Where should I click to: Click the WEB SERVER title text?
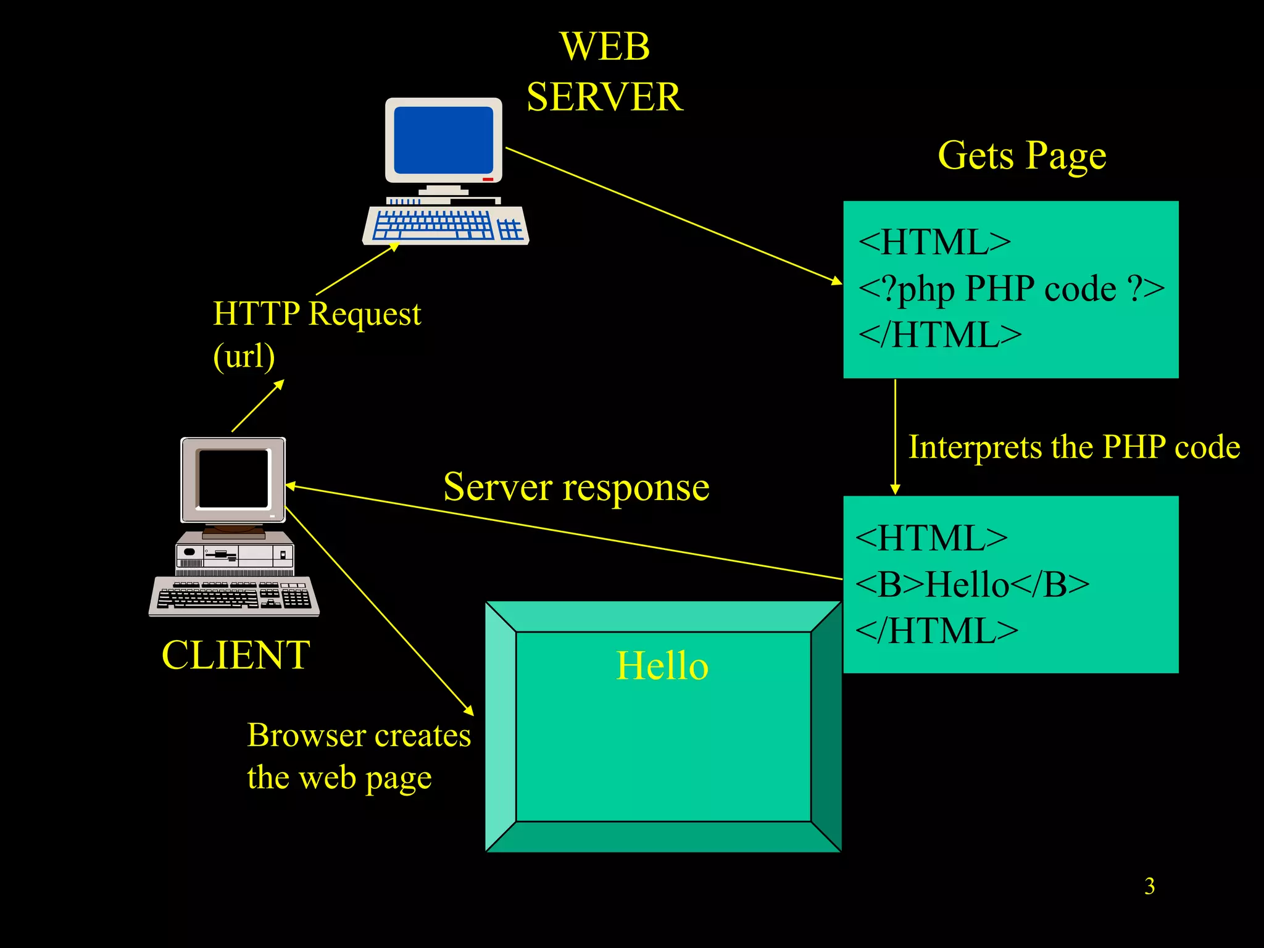pos(605,72)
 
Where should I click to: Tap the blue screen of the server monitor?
pos(443,140)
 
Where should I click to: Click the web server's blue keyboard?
pos(446,225)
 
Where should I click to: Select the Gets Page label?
pos(1021,155)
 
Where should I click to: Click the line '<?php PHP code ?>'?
pos(1010,289)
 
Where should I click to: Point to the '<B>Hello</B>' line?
pos(972,584)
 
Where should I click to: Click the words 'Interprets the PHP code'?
pos(1074,447)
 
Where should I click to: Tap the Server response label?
pos(576,487)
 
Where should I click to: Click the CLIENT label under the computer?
pos(235,655)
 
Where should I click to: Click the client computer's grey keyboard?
pos(234,596)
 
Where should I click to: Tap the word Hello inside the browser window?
pos(662,666)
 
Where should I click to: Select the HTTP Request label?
pos(317,314)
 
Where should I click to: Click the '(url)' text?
pos(244,356)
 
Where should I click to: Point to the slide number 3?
pos(1149,886)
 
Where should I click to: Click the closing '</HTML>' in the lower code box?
pos(936,631)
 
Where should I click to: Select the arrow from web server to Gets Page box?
pos(673,215)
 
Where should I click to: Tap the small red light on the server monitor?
pos(488,179)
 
